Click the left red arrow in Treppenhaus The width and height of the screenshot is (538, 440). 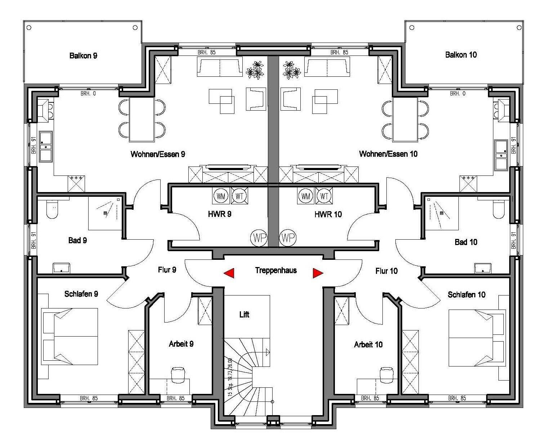point(229,273)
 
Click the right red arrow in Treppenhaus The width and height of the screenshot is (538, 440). point(318,273)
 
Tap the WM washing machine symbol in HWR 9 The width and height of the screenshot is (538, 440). point(221,196)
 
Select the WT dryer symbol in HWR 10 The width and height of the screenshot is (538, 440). point(324,196)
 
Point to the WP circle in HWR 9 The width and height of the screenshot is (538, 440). point(259,238)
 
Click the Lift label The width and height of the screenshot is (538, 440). point(244,315)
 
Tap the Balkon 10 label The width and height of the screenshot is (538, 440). point(461,55)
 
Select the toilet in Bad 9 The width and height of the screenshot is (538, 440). point(52,209)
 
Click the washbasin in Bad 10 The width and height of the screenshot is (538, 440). point(483,268)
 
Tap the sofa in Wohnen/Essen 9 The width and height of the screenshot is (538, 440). point(220,67)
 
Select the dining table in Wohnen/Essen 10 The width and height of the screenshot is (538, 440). point(405,119)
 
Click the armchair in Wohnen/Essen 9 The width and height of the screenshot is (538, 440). point(256,99)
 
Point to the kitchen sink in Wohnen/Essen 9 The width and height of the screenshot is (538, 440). point(46,147)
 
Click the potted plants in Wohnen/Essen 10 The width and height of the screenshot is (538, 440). point(291,70)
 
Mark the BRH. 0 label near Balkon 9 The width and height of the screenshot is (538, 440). point(88,94)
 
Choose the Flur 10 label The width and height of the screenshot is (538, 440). point(386,271)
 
